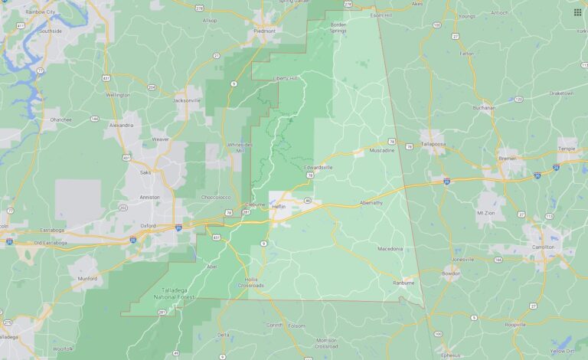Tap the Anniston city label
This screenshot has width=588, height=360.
(149, 197)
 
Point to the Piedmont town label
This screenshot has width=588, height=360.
(264, 31)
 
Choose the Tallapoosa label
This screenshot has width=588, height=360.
(432, 143)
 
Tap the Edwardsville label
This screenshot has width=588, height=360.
(318, 166)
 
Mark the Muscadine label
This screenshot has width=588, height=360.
(382, 150)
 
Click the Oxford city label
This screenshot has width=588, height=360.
(148, 225)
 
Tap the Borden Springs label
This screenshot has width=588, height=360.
(338, 28)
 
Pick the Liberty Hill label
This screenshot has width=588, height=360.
(285, 77)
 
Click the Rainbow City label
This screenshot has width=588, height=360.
(40, 12)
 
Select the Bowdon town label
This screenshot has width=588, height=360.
(450, 272)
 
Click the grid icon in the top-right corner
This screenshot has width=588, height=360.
(577, 12)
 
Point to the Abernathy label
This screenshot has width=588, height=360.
(375, 202)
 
